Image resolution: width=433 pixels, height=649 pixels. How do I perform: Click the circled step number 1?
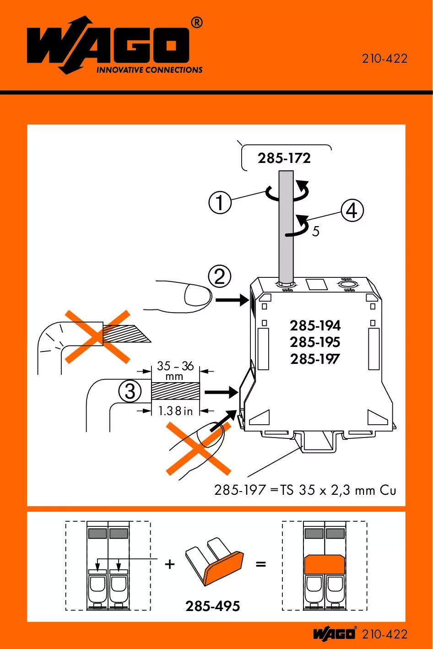click(220, 202)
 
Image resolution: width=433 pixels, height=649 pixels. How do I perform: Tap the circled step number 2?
click(220, 277)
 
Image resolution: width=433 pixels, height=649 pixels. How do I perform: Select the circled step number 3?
click(130, 392)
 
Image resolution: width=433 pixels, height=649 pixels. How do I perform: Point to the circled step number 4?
click(352, 211)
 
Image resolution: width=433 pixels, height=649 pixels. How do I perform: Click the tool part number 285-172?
click(284, 158)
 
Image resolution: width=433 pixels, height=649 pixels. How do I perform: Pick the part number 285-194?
click(315, 325)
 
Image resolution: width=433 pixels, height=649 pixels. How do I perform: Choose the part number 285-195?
click(315, 342)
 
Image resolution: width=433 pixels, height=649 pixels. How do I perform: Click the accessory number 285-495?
click(213, 606)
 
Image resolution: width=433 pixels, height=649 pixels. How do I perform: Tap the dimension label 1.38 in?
click(175, 411)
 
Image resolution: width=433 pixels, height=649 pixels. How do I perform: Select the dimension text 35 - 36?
click(175, 366)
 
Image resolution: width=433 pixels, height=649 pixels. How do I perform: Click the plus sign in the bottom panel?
click(170, 564)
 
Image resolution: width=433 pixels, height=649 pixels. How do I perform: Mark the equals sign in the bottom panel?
click(261, 564)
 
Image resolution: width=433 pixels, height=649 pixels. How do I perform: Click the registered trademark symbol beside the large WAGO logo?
click(196, 22)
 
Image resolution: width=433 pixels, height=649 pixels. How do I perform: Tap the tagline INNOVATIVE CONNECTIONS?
click(149, 70)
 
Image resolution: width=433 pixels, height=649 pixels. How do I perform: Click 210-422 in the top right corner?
click(384, 59)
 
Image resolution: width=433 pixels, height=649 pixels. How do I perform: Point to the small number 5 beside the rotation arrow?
click(316, 232)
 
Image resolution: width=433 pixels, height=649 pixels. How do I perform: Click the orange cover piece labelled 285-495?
click(223, 568)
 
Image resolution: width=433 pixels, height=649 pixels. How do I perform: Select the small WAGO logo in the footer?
click(335, 634)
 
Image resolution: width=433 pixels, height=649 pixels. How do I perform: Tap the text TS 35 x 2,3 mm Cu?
click(338, 490)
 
